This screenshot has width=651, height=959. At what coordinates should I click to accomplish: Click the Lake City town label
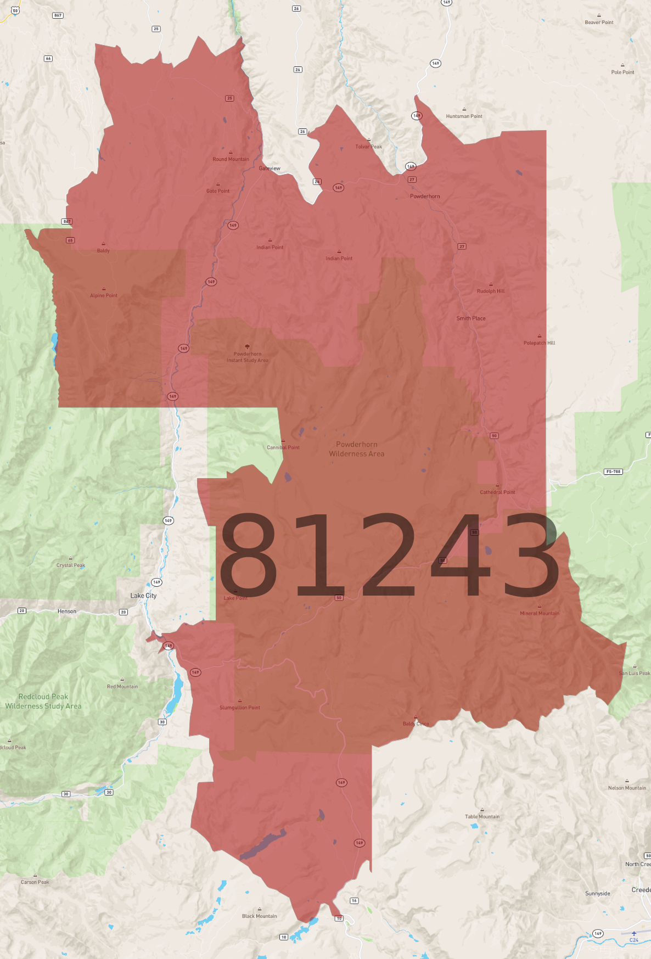coord(143,596)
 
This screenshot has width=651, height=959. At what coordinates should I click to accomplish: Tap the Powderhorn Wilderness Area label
coord(357,449)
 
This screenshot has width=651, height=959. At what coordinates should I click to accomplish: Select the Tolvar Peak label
coord(368,147)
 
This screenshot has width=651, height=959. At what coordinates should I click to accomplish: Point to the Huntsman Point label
coord(464,116)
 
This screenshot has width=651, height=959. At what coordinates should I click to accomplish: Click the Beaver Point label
coord(599,23)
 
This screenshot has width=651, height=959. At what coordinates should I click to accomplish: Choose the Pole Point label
coord(622,72)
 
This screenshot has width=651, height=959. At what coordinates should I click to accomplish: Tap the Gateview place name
coord(270,169)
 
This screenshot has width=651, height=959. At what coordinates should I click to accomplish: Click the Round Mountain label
coord(231,159)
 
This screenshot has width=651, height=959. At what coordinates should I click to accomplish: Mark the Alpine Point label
coord(104,295)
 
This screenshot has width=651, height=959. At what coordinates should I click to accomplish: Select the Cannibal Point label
coord(283,447)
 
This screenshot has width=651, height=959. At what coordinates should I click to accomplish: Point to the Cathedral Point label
coord(497,492)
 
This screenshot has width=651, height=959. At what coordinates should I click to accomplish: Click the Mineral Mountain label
coord(540,613)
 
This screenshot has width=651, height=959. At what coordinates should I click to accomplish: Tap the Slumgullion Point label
coord(240,708)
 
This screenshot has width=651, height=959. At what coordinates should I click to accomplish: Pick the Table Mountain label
coord(482,816)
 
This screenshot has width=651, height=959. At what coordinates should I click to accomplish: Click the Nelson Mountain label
coord(627,788)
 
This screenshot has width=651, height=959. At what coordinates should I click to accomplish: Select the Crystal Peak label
coord(71,565)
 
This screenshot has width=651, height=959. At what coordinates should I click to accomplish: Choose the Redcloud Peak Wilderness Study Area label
coord(43,702)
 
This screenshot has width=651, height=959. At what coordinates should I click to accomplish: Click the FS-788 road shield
coord(613,472)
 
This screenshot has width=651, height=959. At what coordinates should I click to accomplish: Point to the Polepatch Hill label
coord(539,343)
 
